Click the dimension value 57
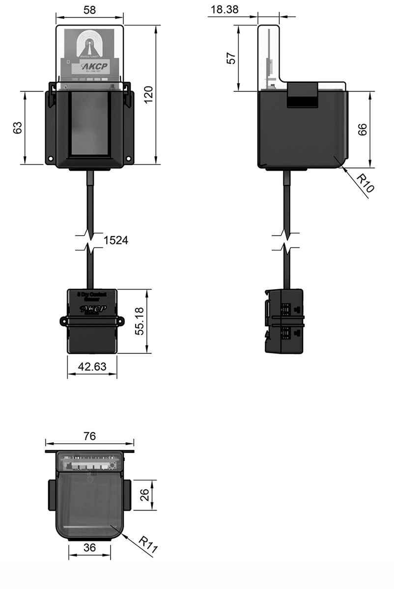(231, 57)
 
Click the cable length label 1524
(116, 240)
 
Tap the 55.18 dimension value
(140, 321)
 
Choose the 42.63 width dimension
(92, 366)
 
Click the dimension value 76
(89, 435)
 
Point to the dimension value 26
(144, 496)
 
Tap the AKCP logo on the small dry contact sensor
(91, 309)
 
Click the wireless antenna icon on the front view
(89, 46)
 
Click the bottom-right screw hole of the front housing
(128, 159)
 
